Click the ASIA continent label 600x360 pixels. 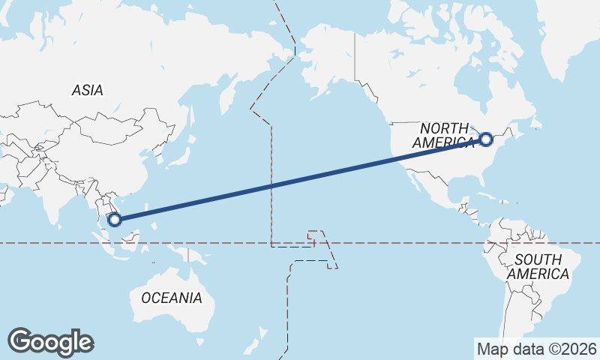coord(87,90)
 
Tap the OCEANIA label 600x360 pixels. coord(171,298)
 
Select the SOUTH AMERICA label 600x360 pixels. coord(538,267)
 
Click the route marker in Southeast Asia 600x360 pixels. coord(114,220)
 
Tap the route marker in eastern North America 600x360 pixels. coord(486,139)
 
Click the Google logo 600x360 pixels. coord(50,342)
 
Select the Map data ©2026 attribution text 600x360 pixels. coord(536,349)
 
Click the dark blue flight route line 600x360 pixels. coord(300,179)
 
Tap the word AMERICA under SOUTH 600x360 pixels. coord(538,274)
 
